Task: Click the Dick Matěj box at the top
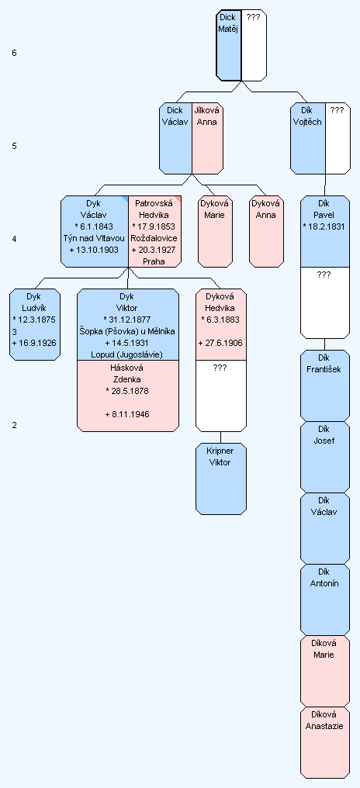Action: pos(229,45)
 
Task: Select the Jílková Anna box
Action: pos(208,139)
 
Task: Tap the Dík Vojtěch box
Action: pos(308,139)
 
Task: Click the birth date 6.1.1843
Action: pos(94,226)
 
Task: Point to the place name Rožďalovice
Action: pos(154,238)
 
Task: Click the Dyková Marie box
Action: pos(215,231)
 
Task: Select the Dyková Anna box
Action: pos(266,231)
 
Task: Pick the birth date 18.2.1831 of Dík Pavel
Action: pos(324,226)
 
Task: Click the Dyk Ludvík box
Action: pos(35,325)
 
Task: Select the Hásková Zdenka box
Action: pos(128,396)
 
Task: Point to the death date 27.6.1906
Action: pos(220,344)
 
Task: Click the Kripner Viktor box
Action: pos(220,479)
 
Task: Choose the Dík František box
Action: pos(325,385)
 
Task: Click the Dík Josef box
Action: pos(325,457)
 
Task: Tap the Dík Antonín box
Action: pos(325,600)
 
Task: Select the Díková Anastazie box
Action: pos(325,743)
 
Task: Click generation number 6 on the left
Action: pos(14,53)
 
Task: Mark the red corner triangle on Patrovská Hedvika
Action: pos(178,199)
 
